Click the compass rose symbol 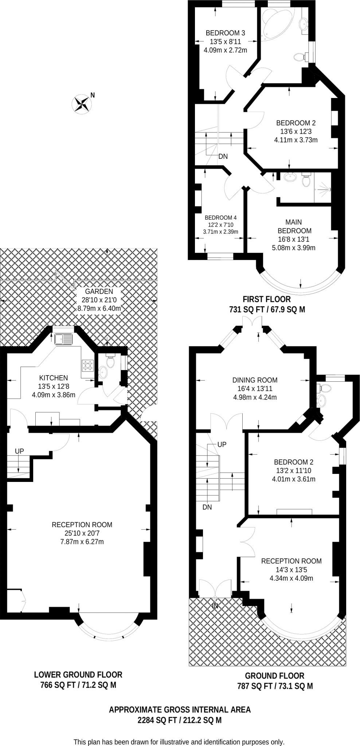pos(82,103)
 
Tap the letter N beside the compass pos(93,95)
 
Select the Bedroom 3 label pos(225,33)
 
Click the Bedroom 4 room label pos(220,217)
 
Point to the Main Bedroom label pos(294,226)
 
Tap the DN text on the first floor pos(223,157)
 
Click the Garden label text pos(99,291)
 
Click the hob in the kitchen pos(88,366)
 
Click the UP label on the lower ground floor pos(19,451)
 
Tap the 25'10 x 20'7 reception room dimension pos(82,533)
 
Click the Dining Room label pos(255,380)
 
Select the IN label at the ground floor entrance pos(215,606)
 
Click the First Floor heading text pos(267,299)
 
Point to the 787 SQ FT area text pos(254,686)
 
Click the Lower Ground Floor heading pos(78,675)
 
